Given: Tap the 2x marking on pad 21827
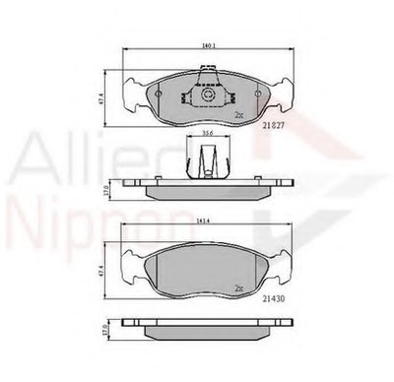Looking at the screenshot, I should click(x=238, y=115).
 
